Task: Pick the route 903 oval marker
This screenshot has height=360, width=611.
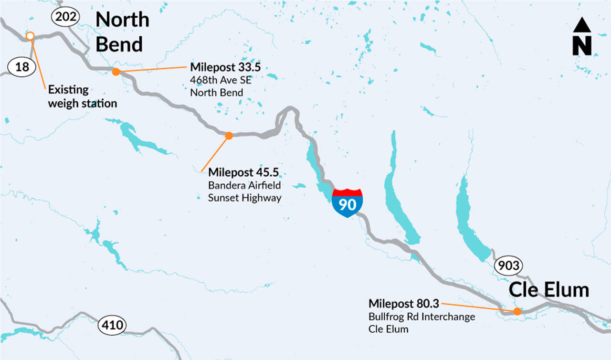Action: pos(508,265)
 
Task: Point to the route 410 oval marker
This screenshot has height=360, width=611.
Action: pos(112,326)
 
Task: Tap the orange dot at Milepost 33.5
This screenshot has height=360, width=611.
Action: pos(116,72)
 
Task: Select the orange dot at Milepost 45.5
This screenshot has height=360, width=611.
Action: pos(229,136)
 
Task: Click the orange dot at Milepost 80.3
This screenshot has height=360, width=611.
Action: pos(517,312)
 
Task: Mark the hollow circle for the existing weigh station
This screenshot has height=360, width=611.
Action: pos(30,36)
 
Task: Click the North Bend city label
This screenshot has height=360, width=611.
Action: pos(122,32)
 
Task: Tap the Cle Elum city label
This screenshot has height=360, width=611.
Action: pos(548,290)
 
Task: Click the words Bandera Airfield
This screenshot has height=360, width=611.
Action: pos(244,185)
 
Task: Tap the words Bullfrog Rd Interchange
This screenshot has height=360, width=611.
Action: pos(421,317)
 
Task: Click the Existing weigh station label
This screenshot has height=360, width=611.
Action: pos(82,96)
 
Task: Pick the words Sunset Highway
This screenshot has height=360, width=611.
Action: pos(244,198)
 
